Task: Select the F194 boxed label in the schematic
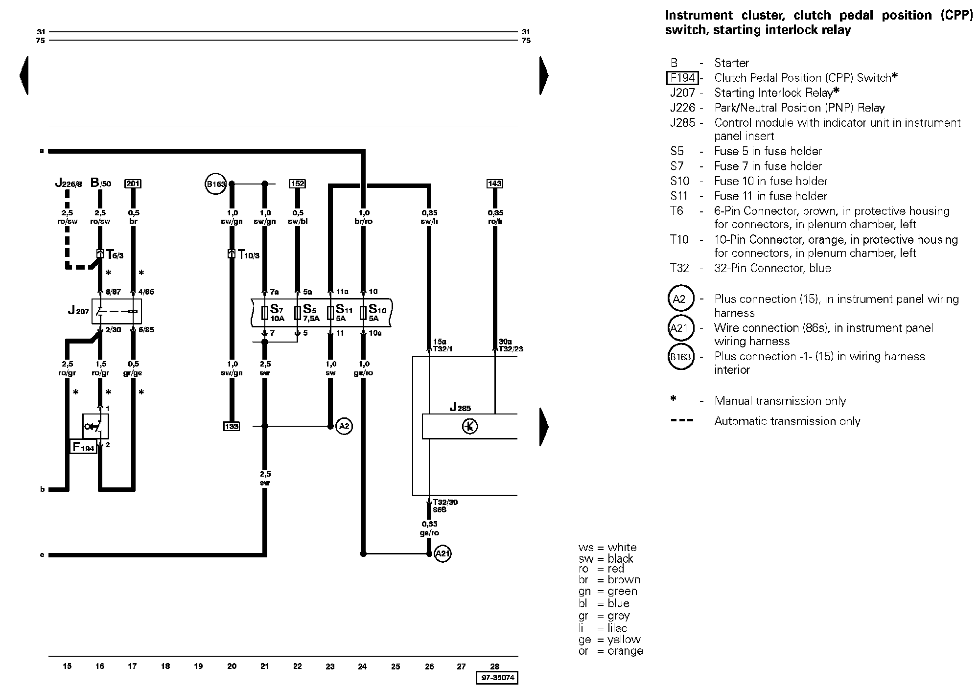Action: (83, 446)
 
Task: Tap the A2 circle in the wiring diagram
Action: (345, 426)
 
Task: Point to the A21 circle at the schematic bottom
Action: (443, 554)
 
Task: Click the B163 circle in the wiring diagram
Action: (215, 184)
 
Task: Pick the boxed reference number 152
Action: (297, 184)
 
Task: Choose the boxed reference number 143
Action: (495, 184)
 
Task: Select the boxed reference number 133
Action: (232, 426)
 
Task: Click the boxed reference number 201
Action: (133, 184)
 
